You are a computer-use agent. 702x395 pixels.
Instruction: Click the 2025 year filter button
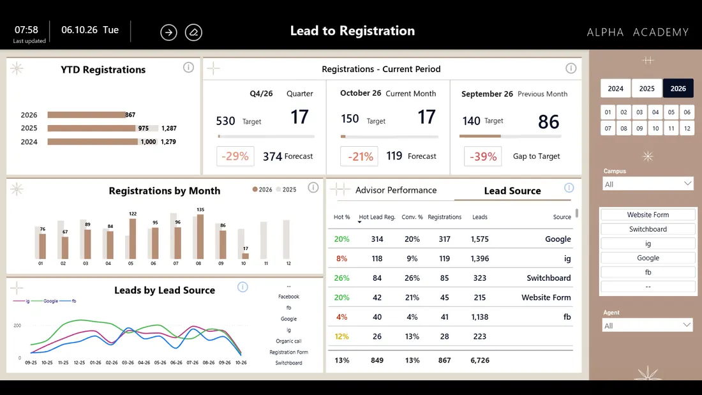coord(646,89)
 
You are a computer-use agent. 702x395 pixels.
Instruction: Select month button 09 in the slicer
coord(639,128)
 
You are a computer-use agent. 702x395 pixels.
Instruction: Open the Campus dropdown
coord(648,184)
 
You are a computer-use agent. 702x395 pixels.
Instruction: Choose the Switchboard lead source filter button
coord(648,229)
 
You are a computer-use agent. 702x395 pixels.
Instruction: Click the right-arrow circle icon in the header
coord(168,33)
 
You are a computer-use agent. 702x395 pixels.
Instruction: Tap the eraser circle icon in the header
coord(193,33)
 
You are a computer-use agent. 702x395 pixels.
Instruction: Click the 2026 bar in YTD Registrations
coord(86,115)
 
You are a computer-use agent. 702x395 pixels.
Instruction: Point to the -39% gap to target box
coord(482,156)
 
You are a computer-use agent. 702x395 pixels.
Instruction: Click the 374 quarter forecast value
coord(273,156)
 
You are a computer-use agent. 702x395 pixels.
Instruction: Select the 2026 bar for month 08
coord(200,237)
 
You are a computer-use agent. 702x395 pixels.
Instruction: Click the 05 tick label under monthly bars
coord(131,264)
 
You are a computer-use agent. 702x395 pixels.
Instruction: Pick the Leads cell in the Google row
coord(479,239)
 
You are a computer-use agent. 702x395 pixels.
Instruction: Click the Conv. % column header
coord(412,217)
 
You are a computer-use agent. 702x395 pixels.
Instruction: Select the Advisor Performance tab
coord(396,190)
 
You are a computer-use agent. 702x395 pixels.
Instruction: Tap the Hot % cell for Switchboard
coord(341,278)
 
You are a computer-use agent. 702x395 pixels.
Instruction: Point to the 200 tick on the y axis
coord(17,325)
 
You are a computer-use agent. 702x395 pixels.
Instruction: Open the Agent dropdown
coord(647,325)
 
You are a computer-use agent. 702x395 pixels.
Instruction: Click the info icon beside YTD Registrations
coord(188,68)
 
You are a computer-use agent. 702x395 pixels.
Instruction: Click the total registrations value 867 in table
coord(445,360)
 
